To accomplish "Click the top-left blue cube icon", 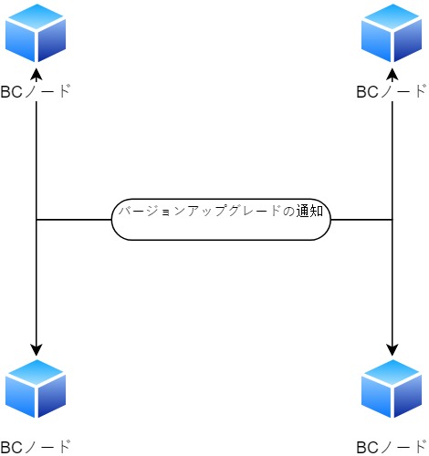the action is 36,33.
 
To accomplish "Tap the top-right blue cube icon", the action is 392,33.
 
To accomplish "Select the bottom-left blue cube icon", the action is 36,389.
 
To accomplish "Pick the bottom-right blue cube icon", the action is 392,389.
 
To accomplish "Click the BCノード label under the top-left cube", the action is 36,91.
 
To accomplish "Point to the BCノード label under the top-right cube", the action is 392,91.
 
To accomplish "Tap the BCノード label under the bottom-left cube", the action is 36,447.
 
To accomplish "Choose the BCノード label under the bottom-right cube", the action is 392,447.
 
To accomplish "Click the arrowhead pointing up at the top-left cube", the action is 37,74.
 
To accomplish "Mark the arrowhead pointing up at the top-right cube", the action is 392,74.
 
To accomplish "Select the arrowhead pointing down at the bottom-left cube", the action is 37,349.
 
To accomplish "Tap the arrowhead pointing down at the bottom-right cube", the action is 392,349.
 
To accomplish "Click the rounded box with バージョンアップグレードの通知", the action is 221,220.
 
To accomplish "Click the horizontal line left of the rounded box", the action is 74,220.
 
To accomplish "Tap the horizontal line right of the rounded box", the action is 361,220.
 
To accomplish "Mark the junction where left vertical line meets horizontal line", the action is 37,220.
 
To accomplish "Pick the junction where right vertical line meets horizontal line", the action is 392,220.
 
